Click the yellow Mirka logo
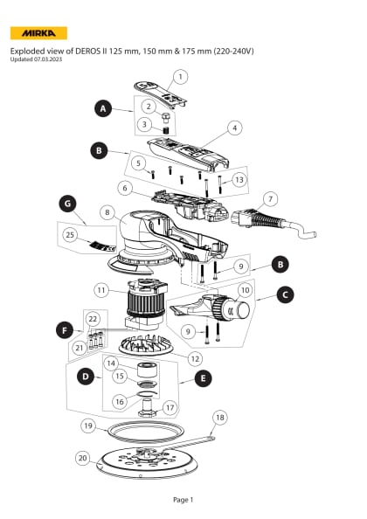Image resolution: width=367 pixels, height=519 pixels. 38,33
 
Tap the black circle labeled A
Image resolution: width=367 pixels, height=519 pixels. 103,109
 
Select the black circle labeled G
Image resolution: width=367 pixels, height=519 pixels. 66,204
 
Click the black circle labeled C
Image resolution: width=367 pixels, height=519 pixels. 285,319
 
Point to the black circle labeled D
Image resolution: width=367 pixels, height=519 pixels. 85,377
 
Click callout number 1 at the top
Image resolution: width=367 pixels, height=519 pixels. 180,77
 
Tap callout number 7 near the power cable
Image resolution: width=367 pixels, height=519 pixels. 270,198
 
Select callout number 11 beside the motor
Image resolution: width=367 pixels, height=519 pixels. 101,289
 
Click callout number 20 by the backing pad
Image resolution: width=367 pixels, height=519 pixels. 83,457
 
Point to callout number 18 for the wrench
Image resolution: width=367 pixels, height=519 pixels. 219,418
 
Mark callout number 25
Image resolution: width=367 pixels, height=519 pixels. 71,234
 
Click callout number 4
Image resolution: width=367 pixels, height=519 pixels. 234,128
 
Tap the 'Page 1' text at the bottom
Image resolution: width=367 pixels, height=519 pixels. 183,499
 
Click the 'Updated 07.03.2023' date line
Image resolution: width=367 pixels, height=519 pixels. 38,59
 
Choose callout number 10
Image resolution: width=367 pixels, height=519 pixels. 245,289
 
